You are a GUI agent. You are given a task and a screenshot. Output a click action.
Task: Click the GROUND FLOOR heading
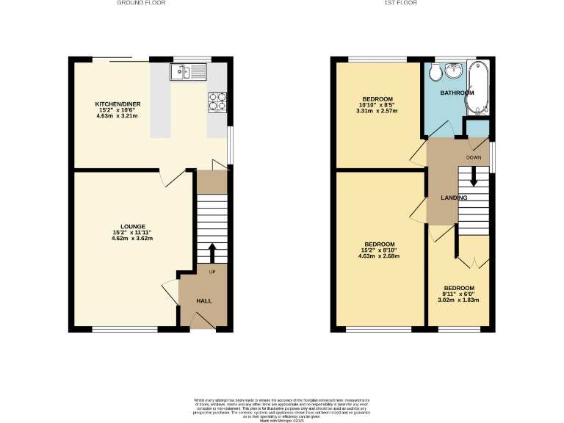tap(141, 3)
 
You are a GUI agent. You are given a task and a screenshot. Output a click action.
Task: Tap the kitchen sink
tap(189, 71)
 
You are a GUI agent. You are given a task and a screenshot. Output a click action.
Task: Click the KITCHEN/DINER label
tap(117, 104)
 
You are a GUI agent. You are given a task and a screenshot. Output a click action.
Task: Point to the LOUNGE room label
tap(132, 225)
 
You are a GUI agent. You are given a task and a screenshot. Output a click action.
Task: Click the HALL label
tap(203, 301)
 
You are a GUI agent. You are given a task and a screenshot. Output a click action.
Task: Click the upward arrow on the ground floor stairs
tap(213, 252)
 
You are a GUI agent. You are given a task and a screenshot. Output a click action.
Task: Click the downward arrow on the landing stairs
tap(473, 176)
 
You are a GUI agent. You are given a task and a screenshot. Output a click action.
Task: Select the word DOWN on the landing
tap(474, 157)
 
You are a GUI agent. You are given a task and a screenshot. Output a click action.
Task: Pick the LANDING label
tap(454, 198)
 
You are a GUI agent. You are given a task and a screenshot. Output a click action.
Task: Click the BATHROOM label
tap(457, 93)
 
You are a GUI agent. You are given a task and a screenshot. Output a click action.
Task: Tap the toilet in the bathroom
tap(435, 71)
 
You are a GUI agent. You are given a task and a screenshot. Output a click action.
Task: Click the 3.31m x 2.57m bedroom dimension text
tap(377, 112)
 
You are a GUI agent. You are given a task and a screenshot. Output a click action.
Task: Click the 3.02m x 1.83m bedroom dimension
tap(458, 300)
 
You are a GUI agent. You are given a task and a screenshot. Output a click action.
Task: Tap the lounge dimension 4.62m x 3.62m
tap(132, 238)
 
